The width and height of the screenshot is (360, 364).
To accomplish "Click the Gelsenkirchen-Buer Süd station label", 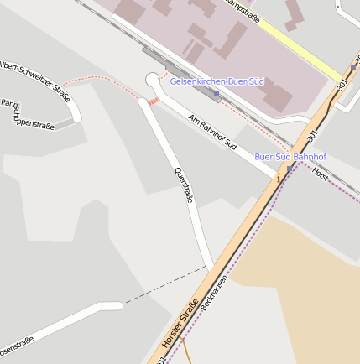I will coord(217,81).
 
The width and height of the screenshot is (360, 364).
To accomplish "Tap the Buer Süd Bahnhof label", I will coord(290,157).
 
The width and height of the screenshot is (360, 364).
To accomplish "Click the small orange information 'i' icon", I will coord(278,178).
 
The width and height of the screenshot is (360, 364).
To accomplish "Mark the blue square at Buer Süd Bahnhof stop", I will coord(290,169).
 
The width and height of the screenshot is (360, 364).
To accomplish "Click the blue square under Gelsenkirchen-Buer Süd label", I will coord(217,93).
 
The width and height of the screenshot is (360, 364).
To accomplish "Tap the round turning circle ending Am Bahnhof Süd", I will coord(153,80).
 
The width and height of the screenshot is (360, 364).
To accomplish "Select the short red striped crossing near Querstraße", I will coord(153,101).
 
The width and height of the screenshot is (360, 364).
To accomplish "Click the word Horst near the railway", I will coord(320,174).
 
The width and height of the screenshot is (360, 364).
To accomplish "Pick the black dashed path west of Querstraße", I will coord(164,286).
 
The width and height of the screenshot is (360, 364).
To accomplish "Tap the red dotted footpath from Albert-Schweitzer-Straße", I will coord(101,78).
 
